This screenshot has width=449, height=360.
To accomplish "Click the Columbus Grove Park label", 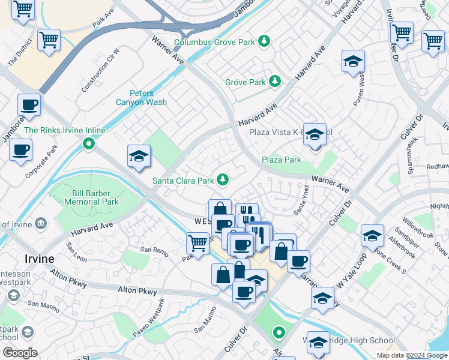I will [213, 42].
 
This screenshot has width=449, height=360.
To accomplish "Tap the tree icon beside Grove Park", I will [275, 80].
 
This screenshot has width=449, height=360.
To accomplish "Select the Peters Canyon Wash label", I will [142, 98].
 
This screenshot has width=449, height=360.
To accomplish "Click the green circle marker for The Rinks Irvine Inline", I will [89, 143].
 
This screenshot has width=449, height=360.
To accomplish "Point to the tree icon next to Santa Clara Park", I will [223, 179].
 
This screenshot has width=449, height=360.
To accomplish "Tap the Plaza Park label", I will [281, 160].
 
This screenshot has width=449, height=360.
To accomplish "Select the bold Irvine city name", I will [39, 259].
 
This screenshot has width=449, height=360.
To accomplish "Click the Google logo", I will [20, 353].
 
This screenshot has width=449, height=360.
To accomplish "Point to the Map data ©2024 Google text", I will [411, 355].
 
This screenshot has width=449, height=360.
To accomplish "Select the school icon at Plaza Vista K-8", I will [314, 135].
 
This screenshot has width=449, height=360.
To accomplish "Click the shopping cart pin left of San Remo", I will [197, 243].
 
